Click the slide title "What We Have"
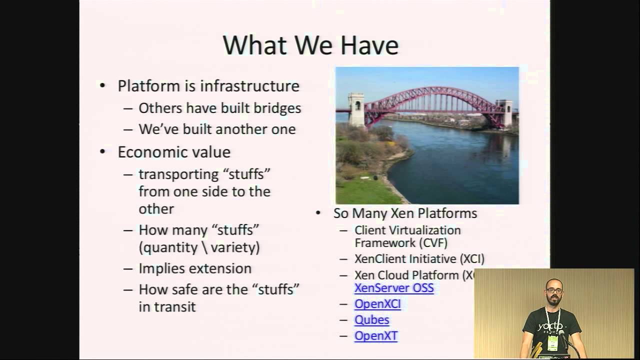(310, 45)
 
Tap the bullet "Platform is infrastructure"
(208, 86)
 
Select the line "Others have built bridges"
(219, 108)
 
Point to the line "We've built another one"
(217, 129)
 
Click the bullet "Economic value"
(174, 152)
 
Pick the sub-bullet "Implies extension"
(195, 268)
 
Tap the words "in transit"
(167, 306)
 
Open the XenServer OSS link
(394, 288)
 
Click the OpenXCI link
(377, 304)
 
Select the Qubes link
(371, 320)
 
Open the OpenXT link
(375, 336)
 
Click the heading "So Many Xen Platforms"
(405, 213)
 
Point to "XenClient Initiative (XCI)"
(419, 259)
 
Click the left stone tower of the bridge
(356, 109)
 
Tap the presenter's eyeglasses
(552, 291)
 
